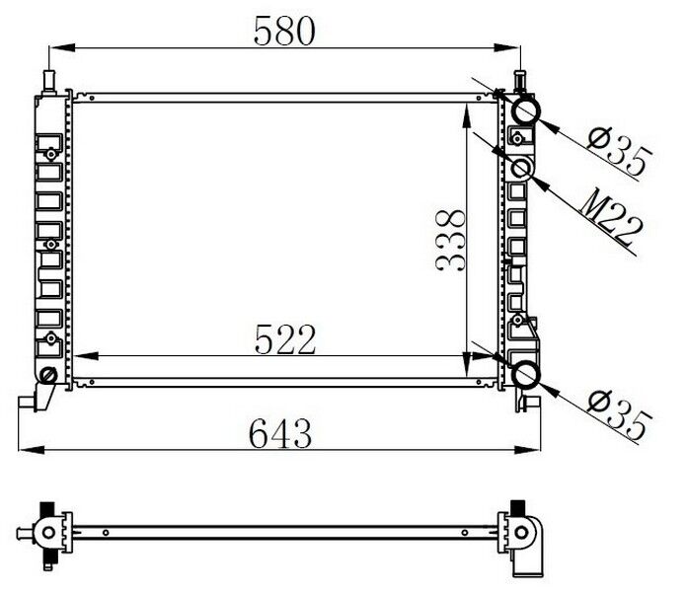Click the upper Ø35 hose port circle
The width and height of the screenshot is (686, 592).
point(524,111)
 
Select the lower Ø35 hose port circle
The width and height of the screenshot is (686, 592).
point(524,375)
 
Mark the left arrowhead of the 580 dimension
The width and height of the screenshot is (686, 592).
point(55,46)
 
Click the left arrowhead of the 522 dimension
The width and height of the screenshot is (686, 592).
point(79,357)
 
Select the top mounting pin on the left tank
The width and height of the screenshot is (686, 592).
point(46,77)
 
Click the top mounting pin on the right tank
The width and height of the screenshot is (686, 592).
point(521,77)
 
